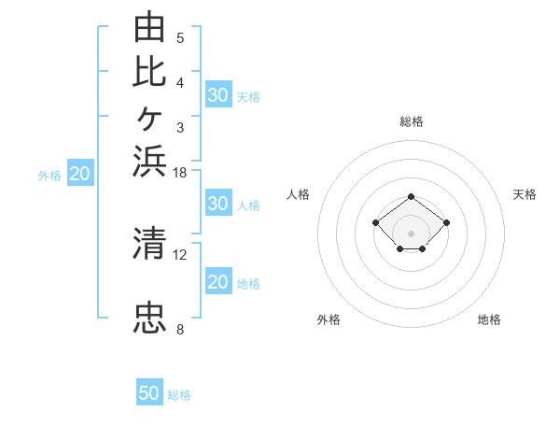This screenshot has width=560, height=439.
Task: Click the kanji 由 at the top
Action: pyautogui.click(x=149, y=26)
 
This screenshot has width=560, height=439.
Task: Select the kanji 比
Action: pyautogui.click(x=149, y=72)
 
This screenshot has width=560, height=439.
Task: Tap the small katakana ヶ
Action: pyautogui.click(x=149, y=119)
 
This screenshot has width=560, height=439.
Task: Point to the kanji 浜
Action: pyautogui.click(x=149, y=161)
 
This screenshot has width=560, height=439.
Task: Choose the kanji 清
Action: pyautogui.click(x=149, y=243)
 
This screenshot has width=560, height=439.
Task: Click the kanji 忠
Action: pyautogui.click(x=149, y=318)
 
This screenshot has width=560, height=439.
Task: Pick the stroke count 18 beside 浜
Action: pyautogui.click(x=179, y=173)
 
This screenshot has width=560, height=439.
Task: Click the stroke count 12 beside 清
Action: pyautogui.click(x=179, y=255)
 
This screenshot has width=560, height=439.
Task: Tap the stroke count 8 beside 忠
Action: pyautogui.click(x=180, y=329)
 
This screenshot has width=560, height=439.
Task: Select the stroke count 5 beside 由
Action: pyautogui.click(x=180, y=37)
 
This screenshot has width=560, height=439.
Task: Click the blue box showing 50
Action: pyautogui.click(x=149, y=391)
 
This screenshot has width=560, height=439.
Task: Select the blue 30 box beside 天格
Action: pyautogui.click(x=218, y=94)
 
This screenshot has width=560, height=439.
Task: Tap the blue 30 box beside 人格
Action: pyautogui.click(x=218, y=203)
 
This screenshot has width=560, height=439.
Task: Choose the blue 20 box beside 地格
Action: pyautogui.click(x=218, y=280)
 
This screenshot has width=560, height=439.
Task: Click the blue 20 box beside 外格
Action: pyautogui.click(x=80, y=172)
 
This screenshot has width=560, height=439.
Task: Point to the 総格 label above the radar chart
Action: pyautogui.click(x=412, y=121)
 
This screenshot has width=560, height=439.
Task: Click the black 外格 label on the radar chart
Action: pyautogui.click(x=329, y=319)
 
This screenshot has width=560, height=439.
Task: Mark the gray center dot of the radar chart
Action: pyautogui.click(x=411, y=234)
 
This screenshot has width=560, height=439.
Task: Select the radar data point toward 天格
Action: pyautogui.click(x=446, y=222)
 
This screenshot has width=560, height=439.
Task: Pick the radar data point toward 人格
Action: pyautogui.click(x=375, y=222)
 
